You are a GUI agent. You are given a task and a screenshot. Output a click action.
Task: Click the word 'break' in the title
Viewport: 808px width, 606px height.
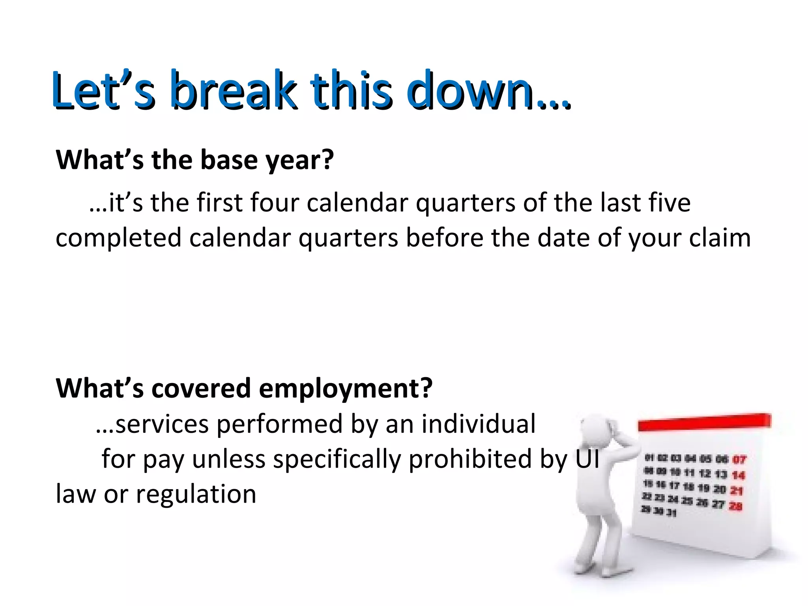coord(233,90)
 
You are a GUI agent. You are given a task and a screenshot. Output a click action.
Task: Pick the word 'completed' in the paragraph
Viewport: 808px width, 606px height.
coord(118,238)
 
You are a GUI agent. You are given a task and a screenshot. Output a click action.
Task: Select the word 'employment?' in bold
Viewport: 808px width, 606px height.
coord(346,389)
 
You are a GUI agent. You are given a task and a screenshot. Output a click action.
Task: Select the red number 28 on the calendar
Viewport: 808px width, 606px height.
coord(735,506)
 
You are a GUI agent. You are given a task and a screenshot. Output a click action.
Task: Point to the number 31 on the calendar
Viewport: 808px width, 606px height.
coord(671,513)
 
